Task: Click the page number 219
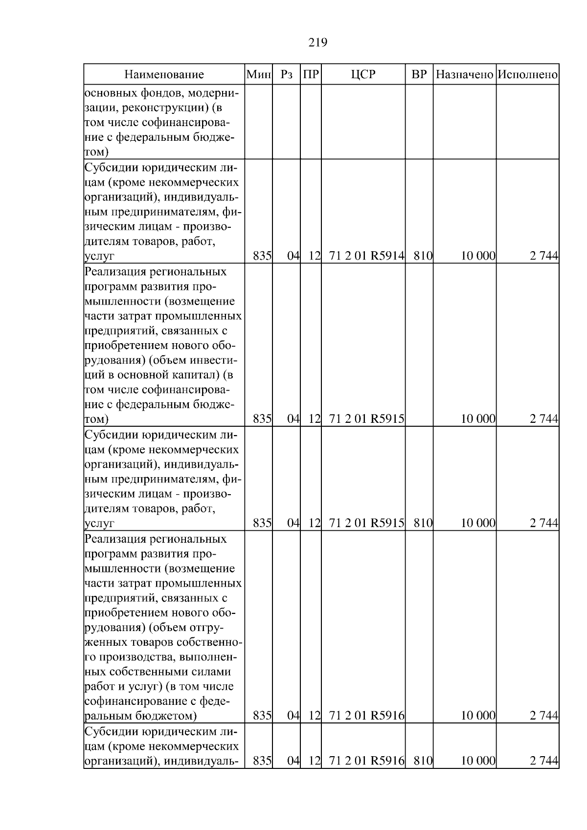(317, 43)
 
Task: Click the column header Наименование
(164, 75)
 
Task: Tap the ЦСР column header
(363, 75)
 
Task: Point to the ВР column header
(419, 75)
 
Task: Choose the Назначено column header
(464, 75)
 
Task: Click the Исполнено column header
(527, 75)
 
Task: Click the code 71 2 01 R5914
(367, 255)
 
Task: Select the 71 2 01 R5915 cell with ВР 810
(367, 523)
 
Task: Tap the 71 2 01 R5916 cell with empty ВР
(367, 716)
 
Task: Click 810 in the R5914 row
(422, 255)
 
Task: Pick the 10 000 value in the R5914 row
(478, 255)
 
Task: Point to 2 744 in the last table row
(544, 761)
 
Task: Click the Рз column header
(287, 75)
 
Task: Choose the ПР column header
(311, 75)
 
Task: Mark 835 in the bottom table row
(262, 761)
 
